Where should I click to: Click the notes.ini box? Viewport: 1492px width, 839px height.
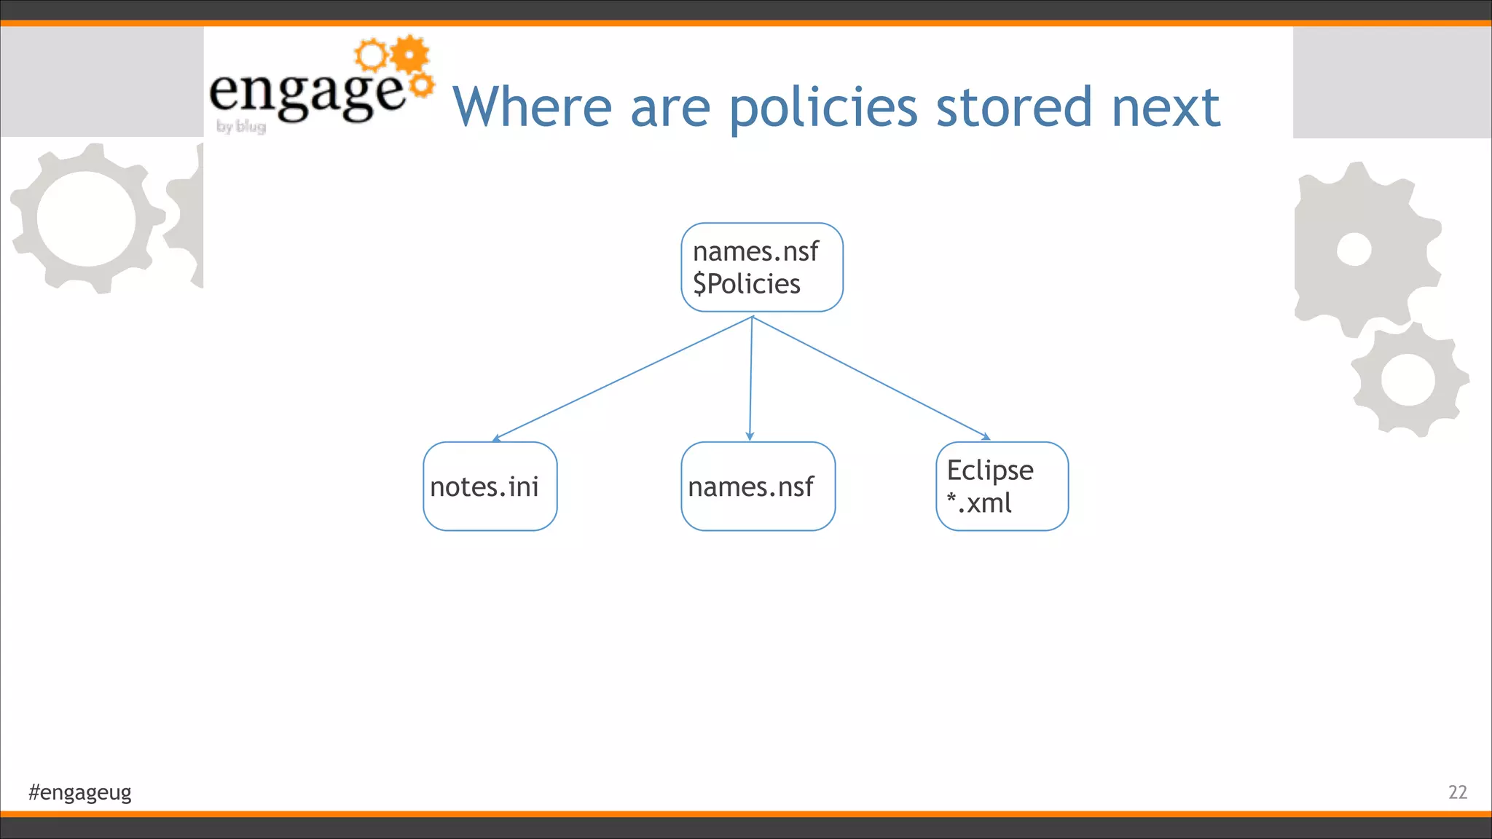pos(490,486)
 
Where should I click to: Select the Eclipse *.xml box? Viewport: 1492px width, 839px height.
pos(1002,486)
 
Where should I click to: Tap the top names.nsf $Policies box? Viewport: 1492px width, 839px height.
pos(761,267)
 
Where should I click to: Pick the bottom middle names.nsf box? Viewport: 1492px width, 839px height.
pos(758,486)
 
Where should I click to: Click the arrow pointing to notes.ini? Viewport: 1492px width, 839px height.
pos(619,379)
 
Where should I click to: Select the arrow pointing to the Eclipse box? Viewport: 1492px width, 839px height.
pos(874,379)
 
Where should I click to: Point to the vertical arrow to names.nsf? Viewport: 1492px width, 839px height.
pos(751,379)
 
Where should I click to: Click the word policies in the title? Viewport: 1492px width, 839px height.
pos(823,108)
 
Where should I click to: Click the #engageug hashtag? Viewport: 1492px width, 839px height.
pos(80,792)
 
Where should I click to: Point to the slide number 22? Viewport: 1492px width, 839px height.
pos(1457,792)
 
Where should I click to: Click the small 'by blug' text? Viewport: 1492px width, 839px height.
pos(241,127)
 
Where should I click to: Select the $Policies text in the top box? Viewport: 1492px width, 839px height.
pos(746,284)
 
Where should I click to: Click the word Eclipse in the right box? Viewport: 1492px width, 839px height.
pos(989,470)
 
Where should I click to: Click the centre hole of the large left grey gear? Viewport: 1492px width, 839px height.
pos(86,218)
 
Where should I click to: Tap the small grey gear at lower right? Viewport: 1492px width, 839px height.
pos(1407,379)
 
